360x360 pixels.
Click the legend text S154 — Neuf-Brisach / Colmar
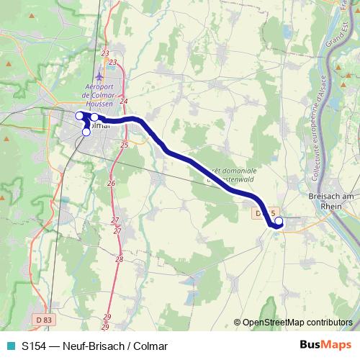[94, 346]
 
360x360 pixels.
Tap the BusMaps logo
[325, 345]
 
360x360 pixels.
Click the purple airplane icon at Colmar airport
[99, 76]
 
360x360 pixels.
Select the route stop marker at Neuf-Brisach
[279, 222]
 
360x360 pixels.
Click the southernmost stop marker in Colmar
[86, 132]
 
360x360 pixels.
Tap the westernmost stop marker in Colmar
[79, 115]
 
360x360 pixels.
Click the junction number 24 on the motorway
[124, 101]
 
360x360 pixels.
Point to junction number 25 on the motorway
[124, 145]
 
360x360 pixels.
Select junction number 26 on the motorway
[111, 184]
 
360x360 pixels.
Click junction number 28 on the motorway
[119, 259]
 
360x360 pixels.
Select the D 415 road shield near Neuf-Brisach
[266, 214]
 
